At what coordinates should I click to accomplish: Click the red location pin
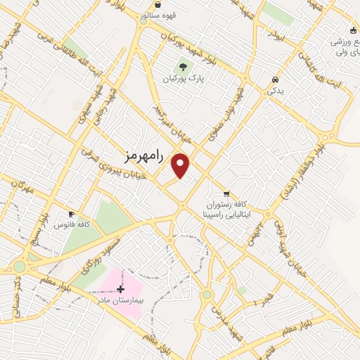181,165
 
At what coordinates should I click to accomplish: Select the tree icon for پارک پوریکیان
184,67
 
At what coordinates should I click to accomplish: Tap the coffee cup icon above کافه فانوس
71,214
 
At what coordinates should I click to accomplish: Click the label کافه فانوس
72,224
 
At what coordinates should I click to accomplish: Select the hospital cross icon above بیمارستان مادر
121,289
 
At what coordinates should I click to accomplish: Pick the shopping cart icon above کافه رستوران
226,193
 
